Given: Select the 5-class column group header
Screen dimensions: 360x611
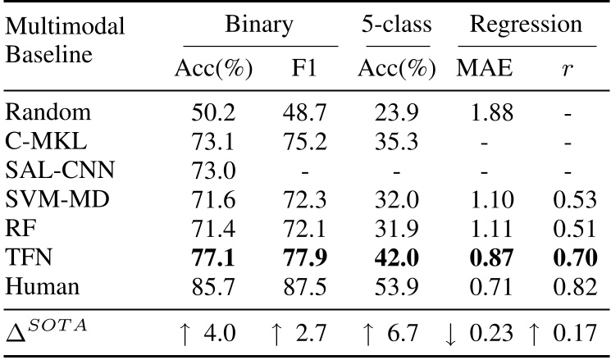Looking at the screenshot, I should [x=397, y=24].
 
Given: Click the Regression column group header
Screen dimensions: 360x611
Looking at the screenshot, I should [x=525, y=24].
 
